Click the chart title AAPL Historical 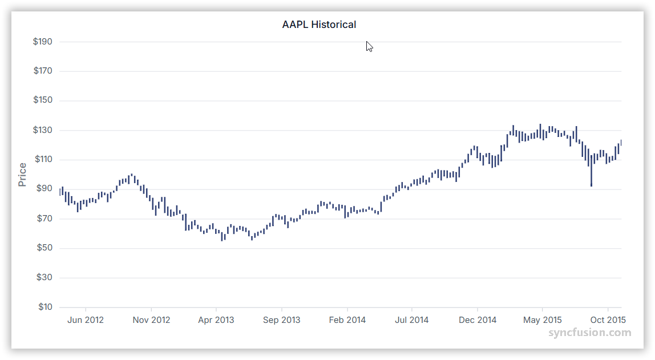319,25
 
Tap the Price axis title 22,175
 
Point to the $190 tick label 43,42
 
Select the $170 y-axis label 43,71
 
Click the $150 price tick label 43,100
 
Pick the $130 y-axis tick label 43,130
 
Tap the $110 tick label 43,160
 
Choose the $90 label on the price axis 45,189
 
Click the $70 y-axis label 45,219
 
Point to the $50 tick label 45,248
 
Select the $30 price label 45,277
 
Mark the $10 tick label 45,307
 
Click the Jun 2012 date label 86,320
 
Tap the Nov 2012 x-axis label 151,320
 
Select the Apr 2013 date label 216,320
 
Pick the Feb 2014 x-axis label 347,320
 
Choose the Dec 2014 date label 478,320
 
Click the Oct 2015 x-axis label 608,320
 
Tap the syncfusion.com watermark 590,333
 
